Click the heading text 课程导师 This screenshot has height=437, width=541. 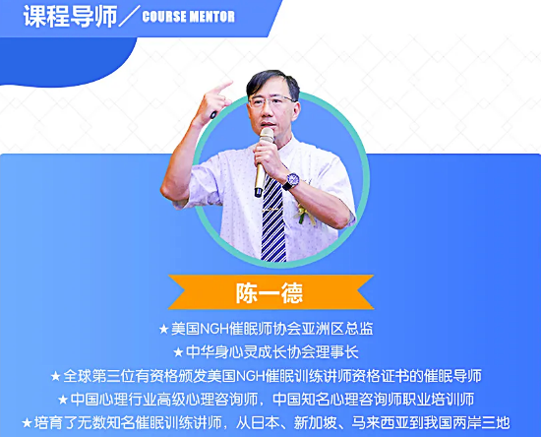[71, 16]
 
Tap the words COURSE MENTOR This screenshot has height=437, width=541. [189, 17]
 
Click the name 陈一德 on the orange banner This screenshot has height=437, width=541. [270, 293]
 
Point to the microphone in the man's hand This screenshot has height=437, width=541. [264, 161]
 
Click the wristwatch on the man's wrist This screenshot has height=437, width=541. [290, 181]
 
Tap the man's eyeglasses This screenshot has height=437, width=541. [271, 101]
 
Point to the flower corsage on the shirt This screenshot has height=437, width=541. [304, 214]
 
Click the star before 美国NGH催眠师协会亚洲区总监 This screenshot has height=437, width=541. [163, 329]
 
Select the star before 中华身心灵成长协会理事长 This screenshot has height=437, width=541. [178, 352]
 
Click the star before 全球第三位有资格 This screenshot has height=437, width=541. [55, 376]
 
